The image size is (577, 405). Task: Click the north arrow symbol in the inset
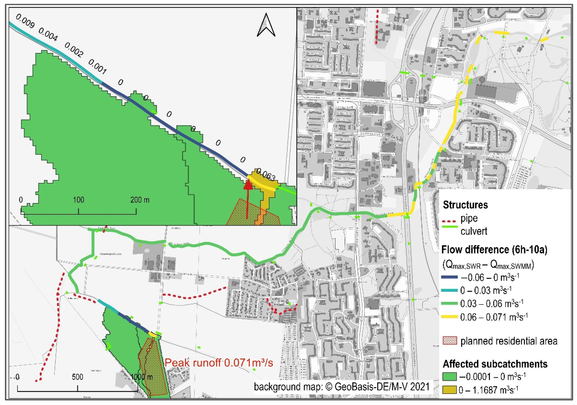click(266, 25)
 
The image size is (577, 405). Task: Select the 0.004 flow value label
click(48, 34)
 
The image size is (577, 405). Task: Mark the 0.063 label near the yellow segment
click(266, 175)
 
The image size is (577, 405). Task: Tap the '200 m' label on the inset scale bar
click(140, 200)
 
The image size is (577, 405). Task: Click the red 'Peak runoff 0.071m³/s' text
click(219, 363)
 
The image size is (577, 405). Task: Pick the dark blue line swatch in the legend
click(449, 277)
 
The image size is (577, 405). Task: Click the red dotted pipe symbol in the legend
click(449, 222)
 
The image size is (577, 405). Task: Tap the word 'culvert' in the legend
click(474, 231)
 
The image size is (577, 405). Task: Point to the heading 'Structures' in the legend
click(465, 205)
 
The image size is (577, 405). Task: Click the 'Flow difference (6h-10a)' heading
click(494, 249)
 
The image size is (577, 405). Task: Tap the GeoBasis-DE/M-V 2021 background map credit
click(342, 387)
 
